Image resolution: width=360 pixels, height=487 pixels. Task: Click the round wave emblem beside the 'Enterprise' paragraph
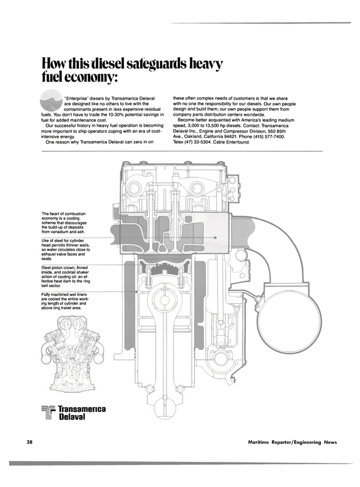pos(51,100)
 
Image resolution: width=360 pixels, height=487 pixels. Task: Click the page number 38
pos(30,442)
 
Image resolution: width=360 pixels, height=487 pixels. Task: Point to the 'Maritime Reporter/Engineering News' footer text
pos(292,443)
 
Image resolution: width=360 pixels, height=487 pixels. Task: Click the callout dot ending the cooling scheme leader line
pos(215,238)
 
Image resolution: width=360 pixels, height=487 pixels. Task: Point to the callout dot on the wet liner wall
pos(137,292)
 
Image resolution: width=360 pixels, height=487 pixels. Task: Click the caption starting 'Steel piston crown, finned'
pos(66,276)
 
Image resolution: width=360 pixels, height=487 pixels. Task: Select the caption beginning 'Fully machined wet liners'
pos(64,301)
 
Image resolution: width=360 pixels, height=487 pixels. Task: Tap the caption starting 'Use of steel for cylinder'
pos(66,249)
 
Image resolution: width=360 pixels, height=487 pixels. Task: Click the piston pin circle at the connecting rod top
pos(165,301)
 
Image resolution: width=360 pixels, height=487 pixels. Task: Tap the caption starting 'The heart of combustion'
pos(64,223)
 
